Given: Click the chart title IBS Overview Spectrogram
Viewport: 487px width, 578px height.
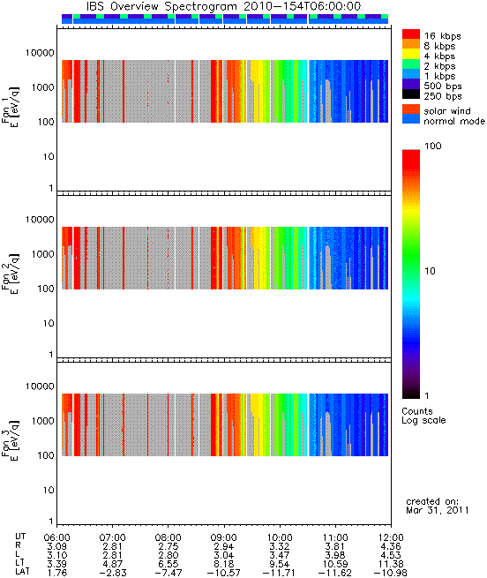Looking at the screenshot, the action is [161, 7].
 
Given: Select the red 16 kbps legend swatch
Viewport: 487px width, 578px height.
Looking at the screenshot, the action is [411, 34].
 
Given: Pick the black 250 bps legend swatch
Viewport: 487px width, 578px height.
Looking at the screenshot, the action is [411, 94].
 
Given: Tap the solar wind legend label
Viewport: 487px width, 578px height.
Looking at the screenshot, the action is [446, 111].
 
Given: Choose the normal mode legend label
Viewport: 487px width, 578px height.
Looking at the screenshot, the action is [454, 121].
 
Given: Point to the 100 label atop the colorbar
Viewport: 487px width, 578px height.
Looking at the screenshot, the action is [433, 146].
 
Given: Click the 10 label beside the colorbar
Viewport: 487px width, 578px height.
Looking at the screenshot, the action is [430, 271].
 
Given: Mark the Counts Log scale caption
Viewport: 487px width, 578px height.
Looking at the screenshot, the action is [423, 416].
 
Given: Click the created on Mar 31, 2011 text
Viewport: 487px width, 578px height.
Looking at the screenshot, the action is [438, 506].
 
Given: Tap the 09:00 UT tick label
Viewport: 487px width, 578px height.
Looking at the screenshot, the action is [224, 537].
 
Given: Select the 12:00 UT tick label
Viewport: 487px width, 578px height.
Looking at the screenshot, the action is [391, 537].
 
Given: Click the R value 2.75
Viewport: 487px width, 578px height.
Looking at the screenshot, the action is [169, 546].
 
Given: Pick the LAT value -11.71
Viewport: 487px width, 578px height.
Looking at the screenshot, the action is [279, 574].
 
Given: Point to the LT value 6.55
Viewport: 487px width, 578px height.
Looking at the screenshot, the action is [169, 564].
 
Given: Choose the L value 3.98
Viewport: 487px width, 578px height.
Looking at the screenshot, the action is [335, 555].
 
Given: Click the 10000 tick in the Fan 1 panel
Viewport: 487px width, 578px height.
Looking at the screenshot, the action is [40, 53].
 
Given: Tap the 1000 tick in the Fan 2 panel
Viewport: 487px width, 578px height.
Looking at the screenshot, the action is [42, 254].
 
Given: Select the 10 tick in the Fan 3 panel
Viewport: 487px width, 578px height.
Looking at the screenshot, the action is [49, 491].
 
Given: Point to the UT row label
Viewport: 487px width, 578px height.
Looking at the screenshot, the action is [20, 537].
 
